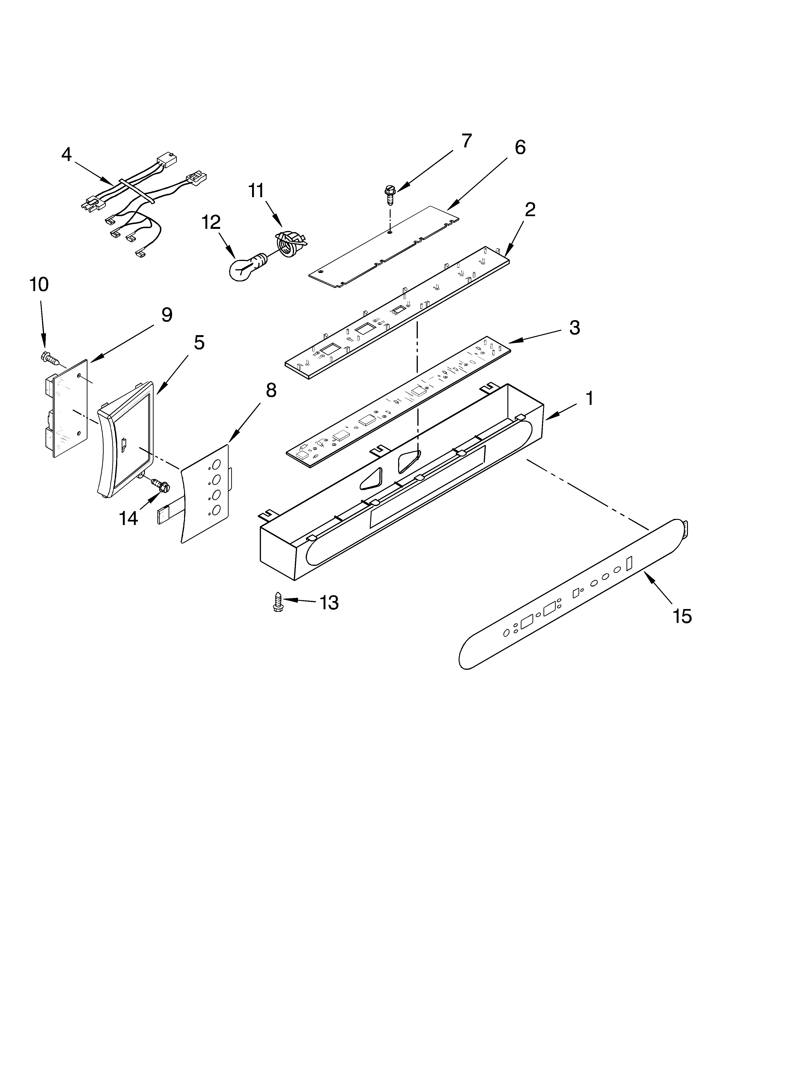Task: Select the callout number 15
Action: click(x=682, y=616)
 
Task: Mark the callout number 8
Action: click(x=271, y=391)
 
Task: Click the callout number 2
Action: click(x=530, y=210)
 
